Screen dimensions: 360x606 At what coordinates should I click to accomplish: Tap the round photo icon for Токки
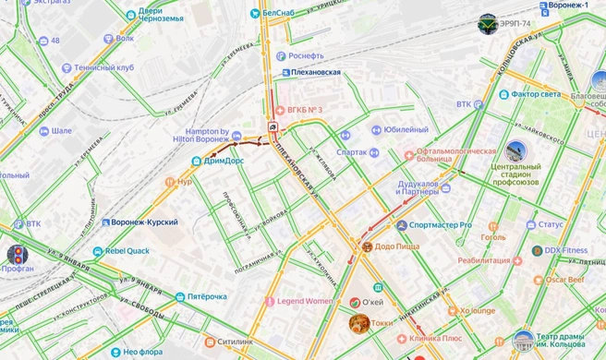(358, 323)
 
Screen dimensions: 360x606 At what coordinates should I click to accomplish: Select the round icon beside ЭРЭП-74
(487, 23)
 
